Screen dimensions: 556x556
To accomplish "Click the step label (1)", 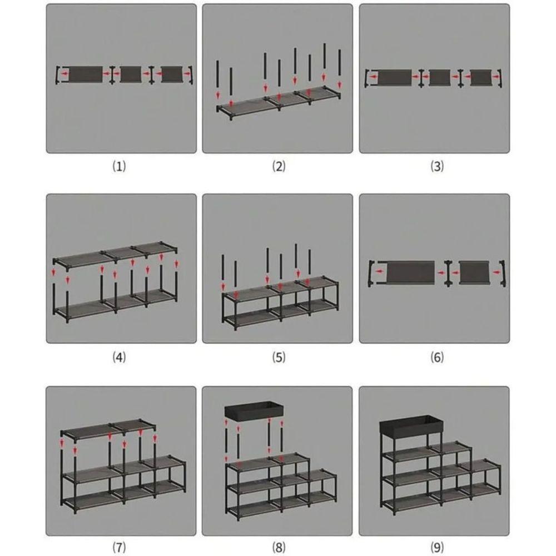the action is click(119, 166).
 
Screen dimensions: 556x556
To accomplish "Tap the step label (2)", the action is click(279, 166).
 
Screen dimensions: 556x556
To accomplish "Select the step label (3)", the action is click(437, 166).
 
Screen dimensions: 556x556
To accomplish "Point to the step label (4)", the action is click(119, 357).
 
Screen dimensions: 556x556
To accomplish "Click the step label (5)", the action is click(279, 357).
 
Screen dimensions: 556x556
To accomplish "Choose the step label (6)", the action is click(437, 357).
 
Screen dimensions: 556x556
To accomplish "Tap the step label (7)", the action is click(119, 547).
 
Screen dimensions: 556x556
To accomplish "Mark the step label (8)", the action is click(279, 547).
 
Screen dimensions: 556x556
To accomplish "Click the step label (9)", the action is click(437, 547).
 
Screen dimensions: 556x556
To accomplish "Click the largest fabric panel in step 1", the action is click(86, 74).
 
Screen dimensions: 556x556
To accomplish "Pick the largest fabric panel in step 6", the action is click(411, 272).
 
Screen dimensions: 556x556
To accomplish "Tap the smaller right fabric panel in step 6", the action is click(474, 272).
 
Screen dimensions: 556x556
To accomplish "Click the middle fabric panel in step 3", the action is click(440, 78).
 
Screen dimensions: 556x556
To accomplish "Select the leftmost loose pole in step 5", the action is click(223, 271).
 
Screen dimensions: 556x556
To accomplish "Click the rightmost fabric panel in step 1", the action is click(172, 74).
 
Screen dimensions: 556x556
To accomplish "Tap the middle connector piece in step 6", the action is click(448, 273).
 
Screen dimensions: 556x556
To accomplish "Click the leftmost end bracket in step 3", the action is click(368, 78).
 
